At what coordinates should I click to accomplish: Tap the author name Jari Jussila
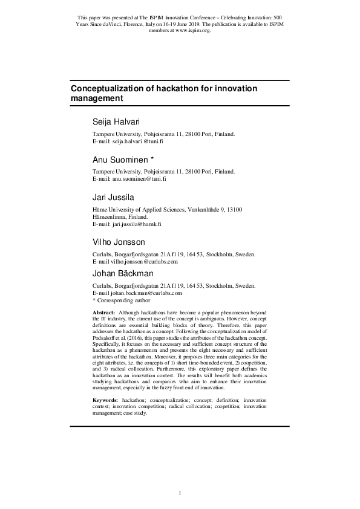[113, 198]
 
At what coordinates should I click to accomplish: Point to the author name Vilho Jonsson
[119, 242]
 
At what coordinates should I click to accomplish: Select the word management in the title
[97, 98]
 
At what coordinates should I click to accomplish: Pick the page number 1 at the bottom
[180, 493]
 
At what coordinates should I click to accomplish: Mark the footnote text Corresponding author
[123, 300]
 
